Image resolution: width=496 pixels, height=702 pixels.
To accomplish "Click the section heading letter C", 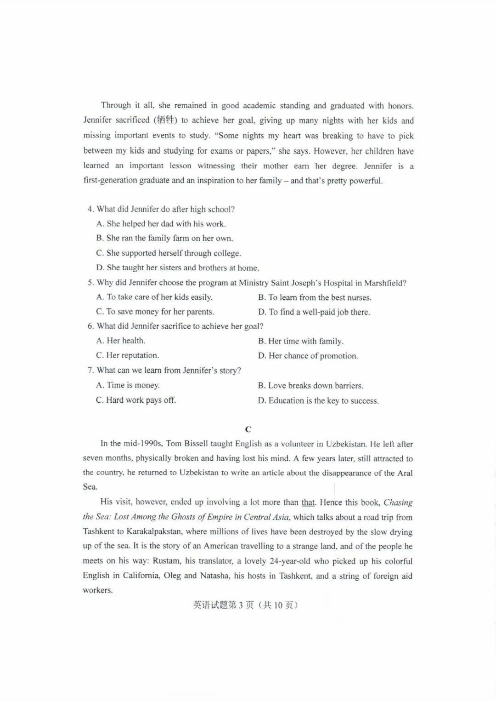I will click(248, 429).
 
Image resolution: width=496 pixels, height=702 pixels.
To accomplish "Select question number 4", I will click(90, 209).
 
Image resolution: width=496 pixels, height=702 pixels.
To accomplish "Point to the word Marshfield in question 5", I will click(385, 283).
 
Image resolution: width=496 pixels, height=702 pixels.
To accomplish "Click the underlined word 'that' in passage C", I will click(308, 502).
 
